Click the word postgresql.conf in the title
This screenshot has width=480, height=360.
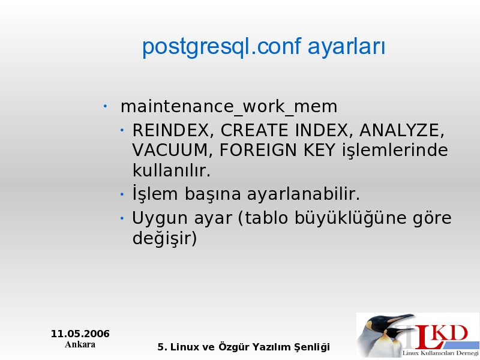pos(222,47)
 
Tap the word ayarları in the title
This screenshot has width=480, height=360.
pos(347,48)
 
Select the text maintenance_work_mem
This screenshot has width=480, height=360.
pos(229,107)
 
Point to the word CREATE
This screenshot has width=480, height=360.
pos(254,130)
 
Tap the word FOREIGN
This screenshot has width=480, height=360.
pos(258,151)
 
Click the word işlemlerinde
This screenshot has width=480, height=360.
pos(395,151)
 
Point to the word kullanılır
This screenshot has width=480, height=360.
pos(172,170)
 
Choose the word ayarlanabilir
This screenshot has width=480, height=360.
pos(304,194)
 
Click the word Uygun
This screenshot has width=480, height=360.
pos(160,219)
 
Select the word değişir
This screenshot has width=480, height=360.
pos(164,238)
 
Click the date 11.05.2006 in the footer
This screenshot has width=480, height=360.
pos(80,334)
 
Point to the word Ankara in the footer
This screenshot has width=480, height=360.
pos(80,344)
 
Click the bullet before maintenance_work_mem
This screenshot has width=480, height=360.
pos(105,107)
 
